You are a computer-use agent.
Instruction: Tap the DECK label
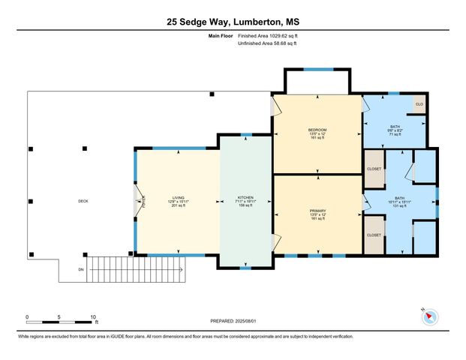tap(83, 201)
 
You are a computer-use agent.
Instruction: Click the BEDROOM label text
tap(317, 130)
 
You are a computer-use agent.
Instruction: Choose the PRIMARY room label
tap(317, 211)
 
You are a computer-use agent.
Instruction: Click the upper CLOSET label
tap(374, 169)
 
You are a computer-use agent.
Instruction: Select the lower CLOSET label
tap(374, 235)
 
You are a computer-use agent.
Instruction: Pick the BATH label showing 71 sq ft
tap(395, 127)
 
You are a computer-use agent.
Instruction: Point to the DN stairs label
tap(82, 269)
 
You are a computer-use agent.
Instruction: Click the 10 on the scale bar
tap(93, 316)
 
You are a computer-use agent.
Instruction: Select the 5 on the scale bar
tap(59, 316)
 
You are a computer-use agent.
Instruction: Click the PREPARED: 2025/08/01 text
tap(233, 321)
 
